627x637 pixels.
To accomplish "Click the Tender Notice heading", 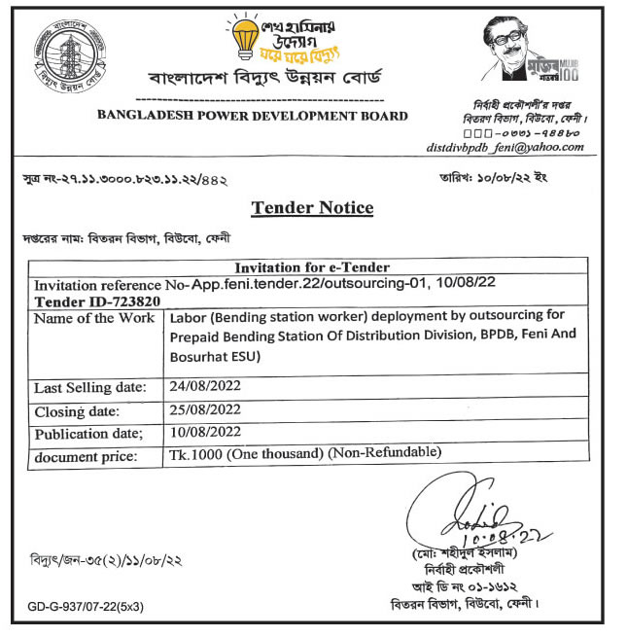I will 312,208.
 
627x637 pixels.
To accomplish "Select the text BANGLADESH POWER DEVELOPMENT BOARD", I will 252,116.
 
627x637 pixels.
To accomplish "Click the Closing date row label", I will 76,411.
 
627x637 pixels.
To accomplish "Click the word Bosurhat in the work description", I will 197,356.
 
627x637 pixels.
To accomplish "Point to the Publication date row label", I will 88,433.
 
